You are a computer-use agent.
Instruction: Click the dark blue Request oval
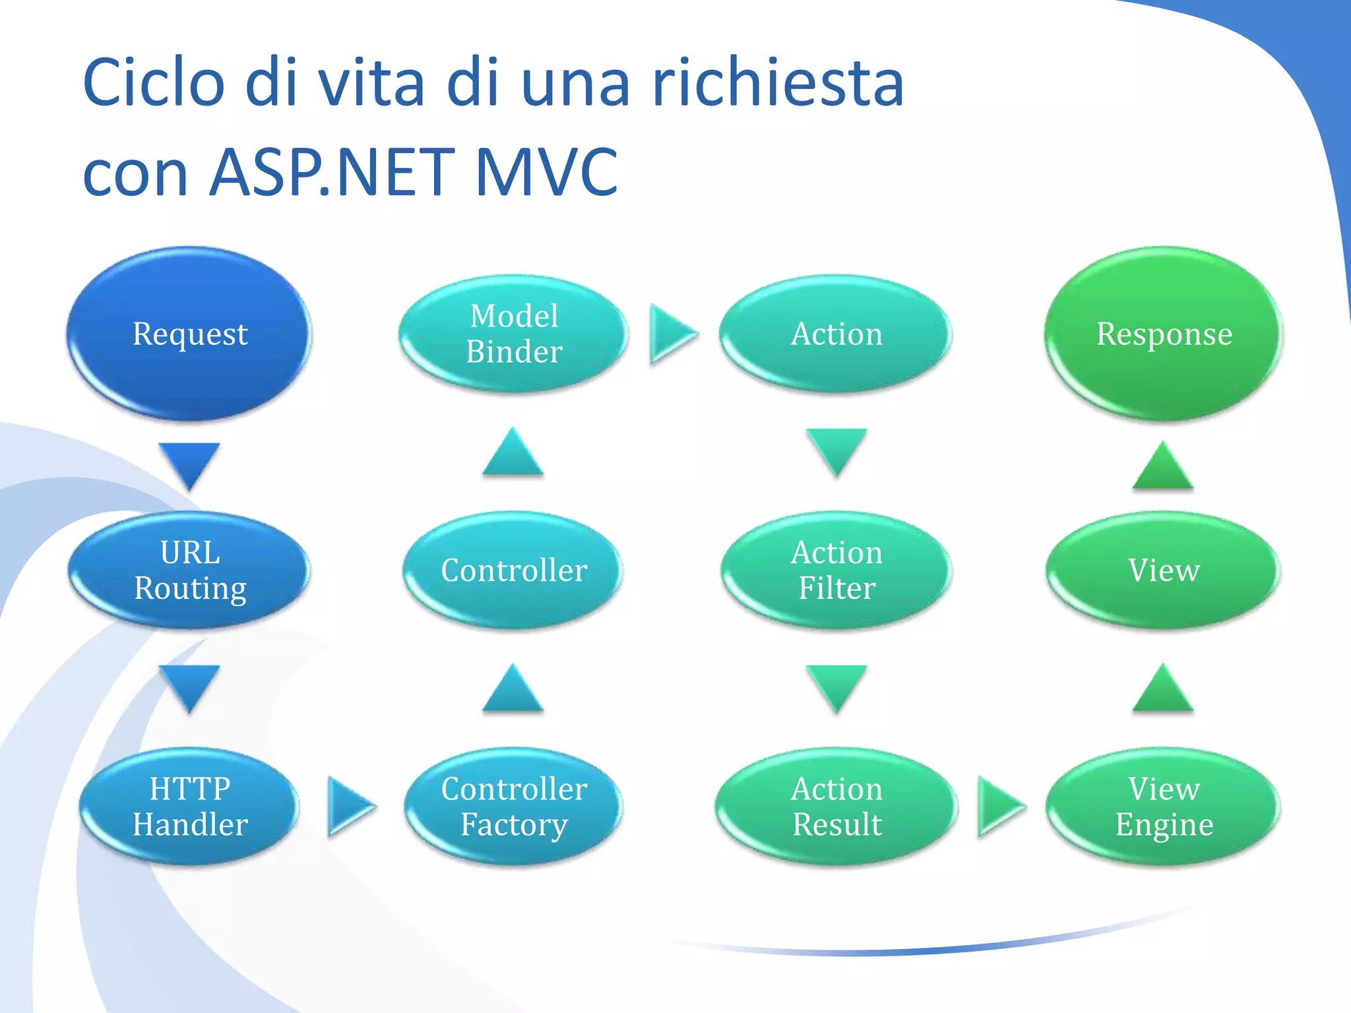click(189, 334)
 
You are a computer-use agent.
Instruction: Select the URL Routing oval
click(189, 570)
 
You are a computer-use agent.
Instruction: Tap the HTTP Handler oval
click(189, 806)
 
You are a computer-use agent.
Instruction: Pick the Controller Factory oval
click(513, 806)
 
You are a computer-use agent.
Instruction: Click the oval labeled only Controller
click(513, 570)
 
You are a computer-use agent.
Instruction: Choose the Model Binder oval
click(513, 334)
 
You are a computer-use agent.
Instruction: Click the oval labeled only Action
click(836, 334)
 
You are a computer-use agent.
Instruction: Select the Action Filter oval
click(836, 570)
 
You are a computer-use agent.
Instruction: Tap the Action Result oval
click(836, 806)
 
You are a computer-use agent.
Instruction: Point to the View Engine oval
click(1163, 806)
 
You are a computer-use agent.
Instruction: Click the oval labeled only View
click(1163, 570)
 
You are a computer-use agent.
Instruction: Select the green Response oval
click(1163, 334)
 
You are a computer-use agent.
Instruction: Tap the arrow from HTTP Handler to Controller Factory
click(349, 806)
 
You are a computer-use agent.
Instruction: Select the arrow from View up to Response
click(1163, 468)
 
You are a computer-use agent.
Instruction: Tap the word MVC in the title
click(546, 173)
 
